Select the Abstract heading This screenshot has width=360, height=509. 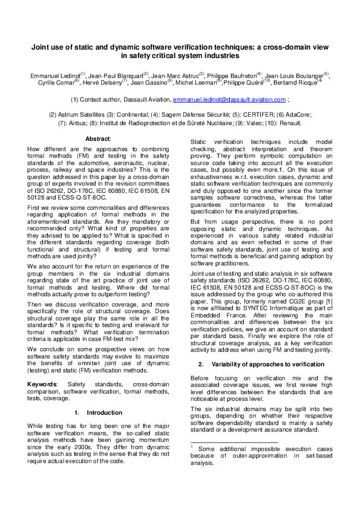coord(98,138)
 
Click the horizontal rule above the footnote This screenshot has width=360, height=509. coord(230,441)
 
